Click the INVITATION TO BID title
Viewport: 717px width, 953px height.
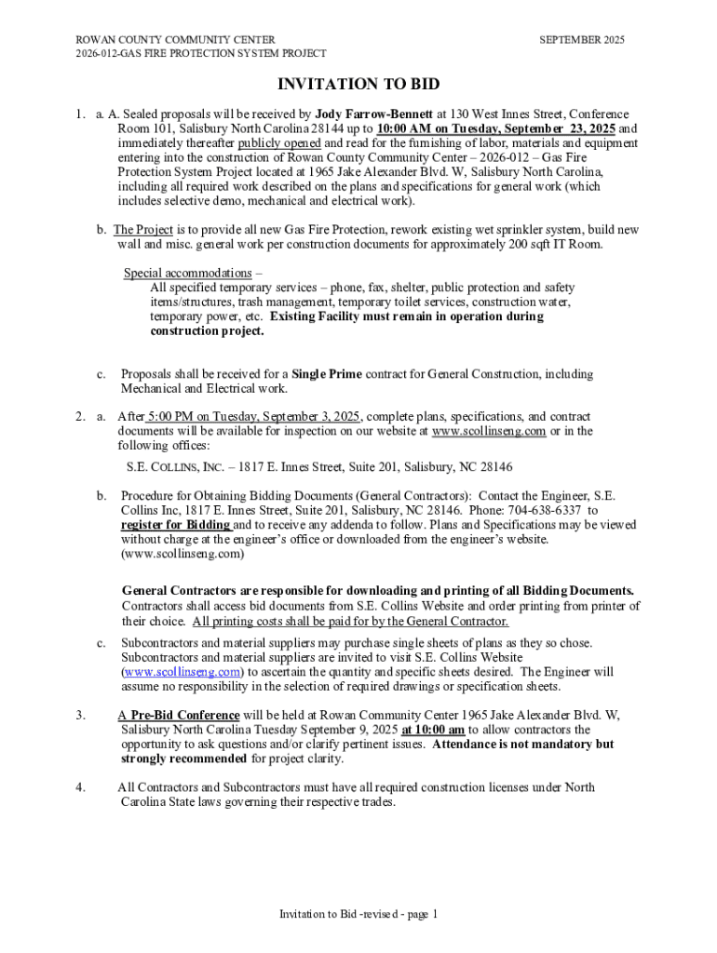point(358,86)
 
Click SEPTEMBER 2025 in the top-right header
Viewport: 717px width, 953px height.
point(582,40)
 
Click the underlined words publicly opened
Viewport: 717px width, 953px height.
point(279,143)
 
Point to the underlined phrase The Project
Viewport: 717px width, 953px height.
point(137,230)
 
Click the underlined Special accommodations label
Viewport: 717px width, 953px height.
point(187,273)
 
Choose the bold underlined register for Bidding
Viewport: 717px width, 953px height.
point(175,525)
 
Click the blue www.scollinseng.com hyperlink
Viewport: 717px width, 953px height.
point(183,672)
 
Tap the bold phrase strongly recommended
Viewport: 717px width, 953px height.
point(183,758)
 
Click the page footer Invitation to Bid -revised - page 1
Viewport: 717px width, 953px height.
point(358,914)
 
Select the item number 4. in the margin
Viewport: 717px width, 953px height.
point(81,787)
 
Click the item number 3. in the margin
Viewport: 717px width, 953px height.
point(81,716)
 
